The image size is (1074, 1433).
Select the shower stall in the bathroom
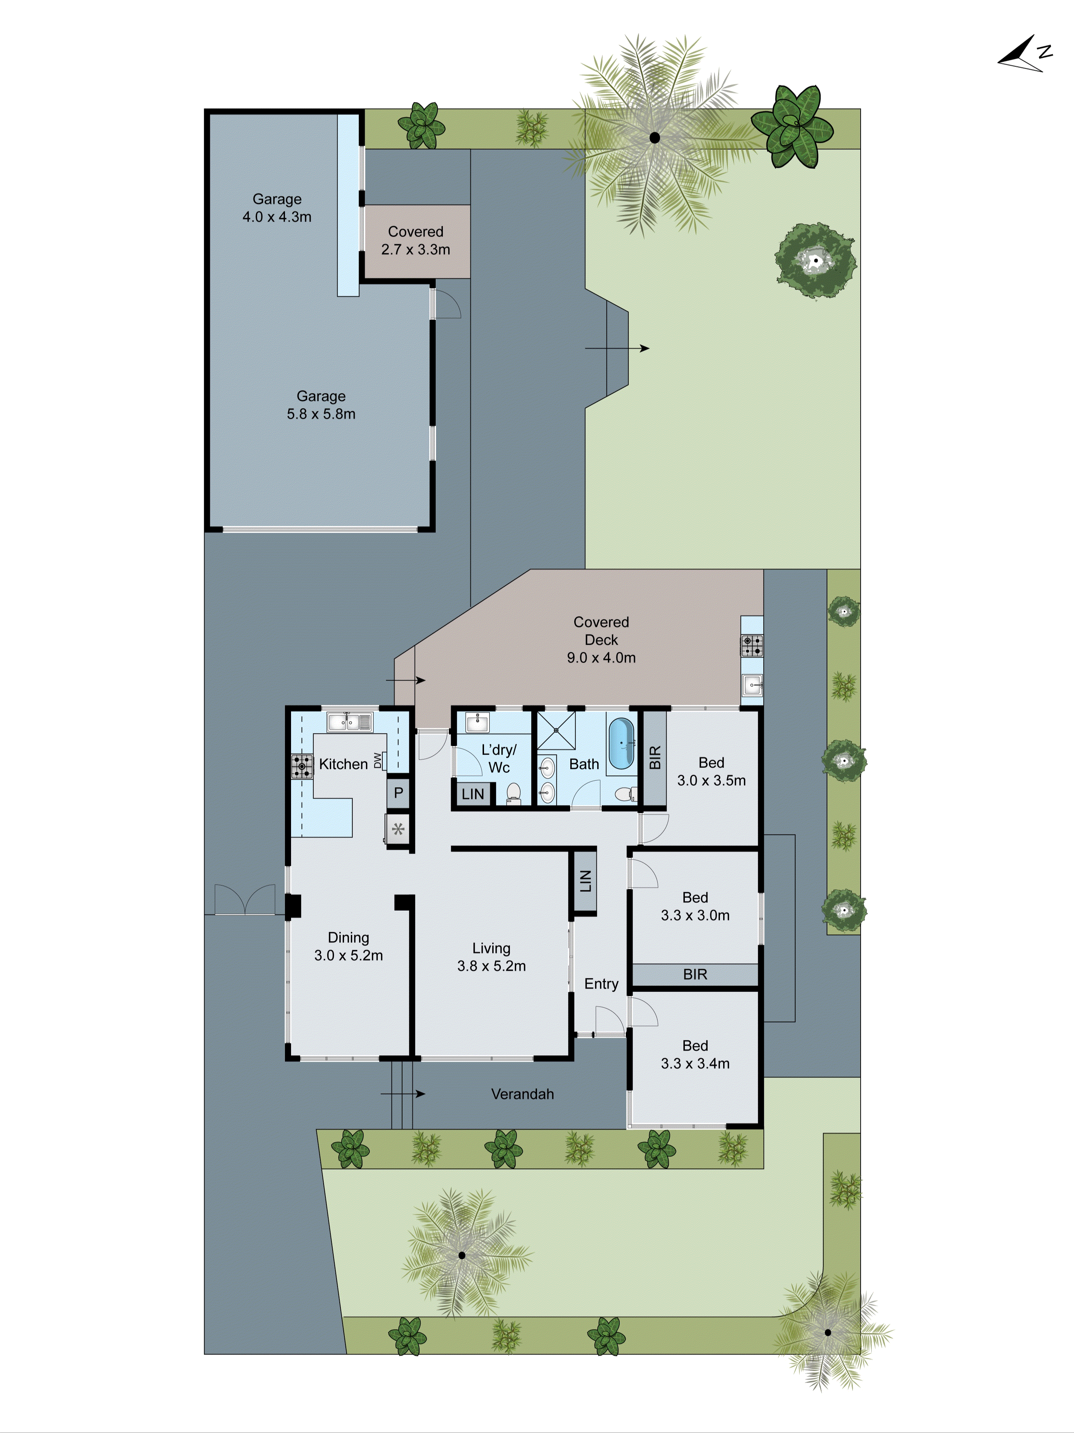(556, 730)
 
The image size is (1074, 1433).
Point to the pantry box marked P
(398, 792)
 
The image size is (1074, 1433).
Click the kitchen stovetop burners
(301, 766)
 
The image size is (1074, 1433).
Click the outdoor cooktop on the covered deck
(751, 645)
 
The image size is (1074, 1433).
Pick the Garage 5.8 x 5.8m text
(321, 405)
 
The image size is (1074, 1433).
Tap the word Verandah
(522, 1094)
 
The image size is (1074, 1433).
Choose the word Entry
(601, 983)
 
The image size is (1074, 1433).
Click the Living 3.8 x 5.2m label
(491, 957)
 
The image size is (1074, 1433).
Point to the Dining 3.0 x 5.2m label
(348, 946)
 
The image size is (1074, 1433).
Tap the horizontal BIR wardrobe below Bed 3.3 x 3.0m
(695, 974)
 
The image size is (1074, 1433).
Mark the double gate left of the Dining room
(245, 900)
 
